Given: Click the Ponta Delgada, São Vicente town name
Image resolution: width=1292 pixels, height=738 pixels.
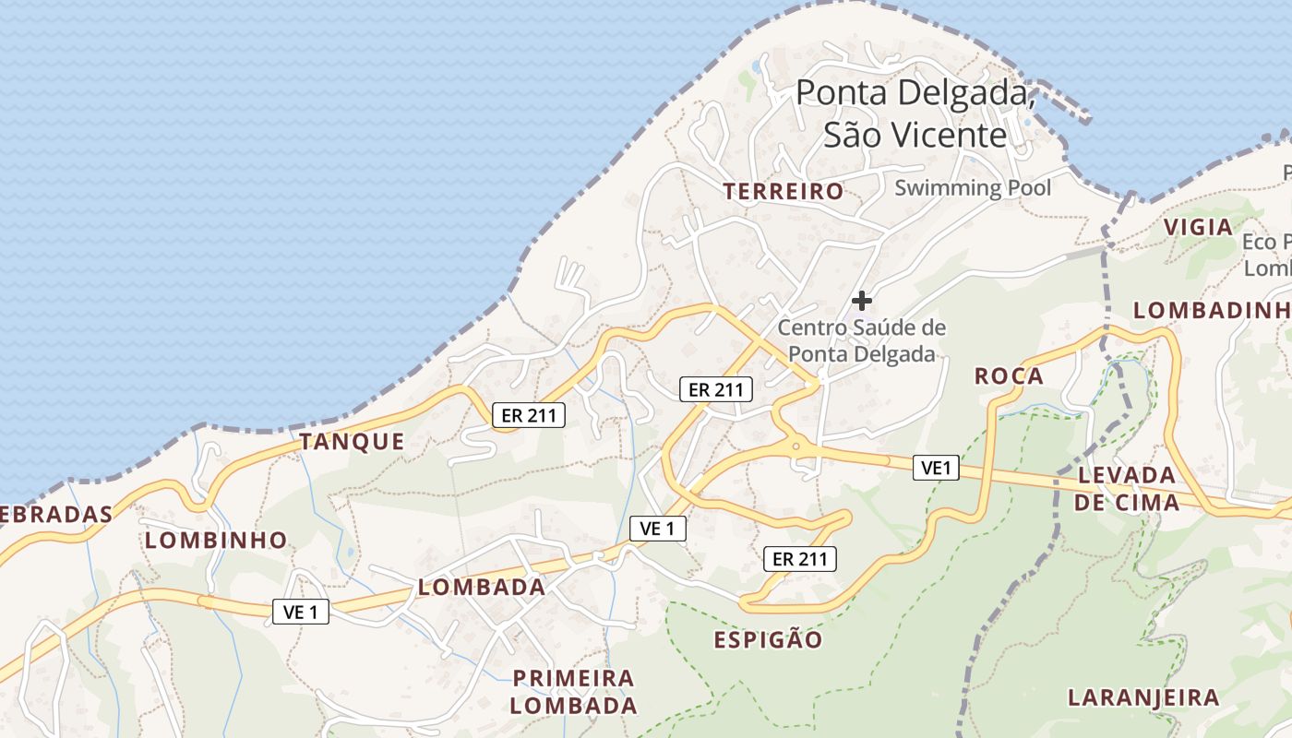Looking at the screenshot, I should pyautogui.click(x=915, y=113).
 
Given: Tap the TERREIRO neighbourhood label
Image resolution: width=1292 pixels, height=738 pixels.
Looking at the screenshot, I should pyautogui.click(x=783, y=192).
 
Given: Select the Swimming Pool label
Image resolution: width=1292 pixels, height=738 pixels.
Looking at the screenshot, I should pyautogui.click(x=973, y=188).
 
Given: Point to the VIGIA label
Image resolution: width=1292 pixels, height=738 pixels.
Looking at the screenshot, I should pyautogui.click(x=1198, y=227).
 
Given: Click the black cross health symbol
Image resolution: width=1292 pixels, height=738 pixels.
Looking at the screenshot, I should pyautogui.click(x=861, y=301).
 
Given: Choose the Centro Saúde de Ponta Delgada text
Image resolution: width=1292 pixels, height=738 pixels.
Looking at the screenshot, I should pyautogui.click(x=862, y=340).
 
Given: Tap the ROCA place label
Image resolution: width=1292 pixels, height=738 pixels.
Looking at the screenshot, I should pyautogui.click(x=1009, y=376).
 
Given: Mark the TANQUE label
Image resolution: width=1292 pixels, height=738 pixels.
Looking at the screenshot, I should pyautogui.click(x=352, y=442).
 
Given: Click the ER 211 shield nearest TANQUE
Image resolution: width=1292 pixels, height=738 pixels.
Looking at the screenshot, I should pyautogui.click(x=528, y=415).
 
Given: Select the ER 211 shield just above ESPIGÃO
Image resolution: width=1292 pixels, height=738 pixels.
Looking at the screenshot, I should pyautogui.click(x=800, y=558).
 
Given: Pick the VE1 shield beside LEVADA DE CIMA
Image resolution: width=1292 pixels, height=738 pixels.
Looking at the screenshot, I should pyautogui.click(x=936, y=468).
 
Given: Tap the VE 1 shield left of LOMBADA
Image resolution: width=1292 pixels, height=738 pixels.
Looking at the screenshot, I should pyautogui.click(x=301, y=611).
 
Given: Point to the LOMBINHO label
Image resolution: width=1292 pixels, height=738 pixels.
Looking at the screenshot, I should pyautogui.click(x=216, y=541).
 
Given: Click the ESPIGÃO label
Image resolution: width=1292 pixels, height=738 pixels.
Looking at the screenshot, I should pyautogui.click(x=768, y=640).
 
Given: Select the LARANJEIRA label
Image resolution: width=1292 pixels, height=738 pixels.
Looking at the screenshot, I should pyautogui.click(x=1143, y=697).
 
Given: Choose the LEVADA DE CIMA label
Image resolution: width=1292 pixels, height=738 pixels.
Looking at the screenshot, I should pyautogui.click(x=1127, y=489).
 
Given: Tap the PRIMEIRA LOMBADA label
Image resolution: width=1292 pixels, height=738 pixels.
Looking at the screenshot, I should pyautogui.click(x=574, y=692).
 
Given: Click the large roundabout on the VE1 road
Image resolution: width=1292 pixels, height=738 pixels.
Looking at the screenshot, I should pyautogui.click(x=796, y=446).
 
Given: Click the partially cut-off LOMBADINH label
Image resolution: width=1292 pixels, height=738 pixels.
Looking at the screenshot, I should pyautogui.click(x=1211, y=311).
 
